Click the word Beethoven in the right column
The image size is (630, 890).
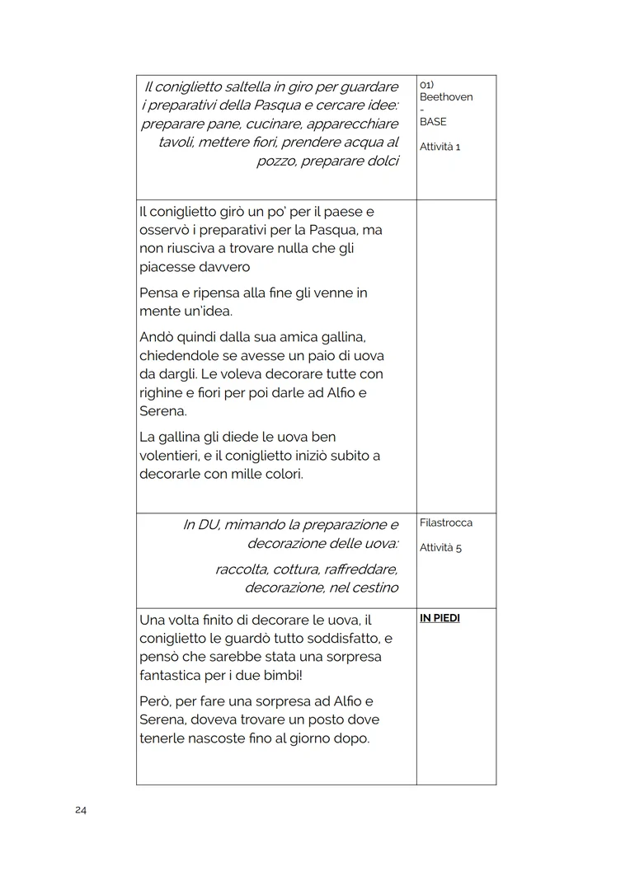point(446,97)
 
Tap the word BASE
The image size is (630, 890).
point(433,122)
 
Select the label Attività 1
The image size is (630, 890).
point(440,147)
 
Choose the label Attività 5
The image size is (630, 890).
point(440,548)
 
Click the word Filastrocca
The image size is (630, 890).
point(446,523)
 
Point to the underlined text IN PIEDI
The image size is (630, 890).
point(440,618)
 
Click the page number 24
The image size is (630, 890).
point(81,810)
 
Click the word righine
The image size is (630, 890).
point(162,392)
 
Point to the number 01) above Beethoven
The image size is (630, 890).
point(427,85)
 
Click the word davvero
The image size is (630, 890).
point(223,267)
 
